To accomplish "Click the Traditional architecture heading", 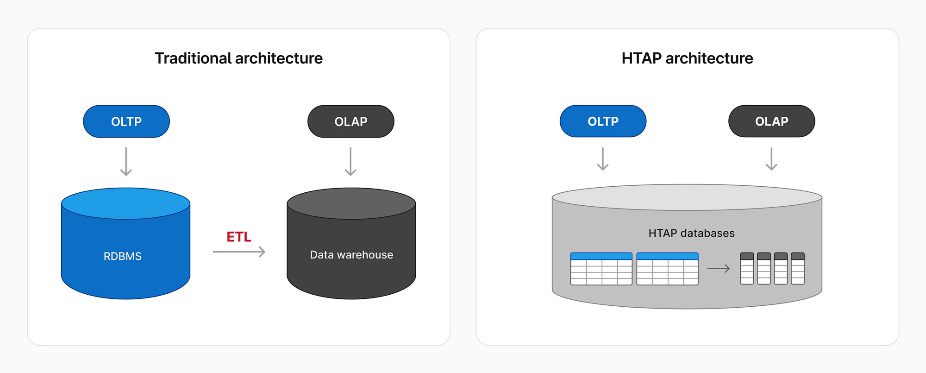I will click(238, 58).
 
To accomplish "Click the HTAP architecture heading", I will click(687, 58).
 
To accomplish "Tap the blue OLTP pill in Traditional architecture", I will click(126, 121).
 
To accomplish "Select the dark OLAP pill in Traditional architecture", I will click(351, 121).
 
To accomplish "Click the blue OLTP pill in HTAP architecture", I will click(603, 121).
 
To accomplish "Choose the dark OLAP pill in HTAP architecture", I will click(771, 121).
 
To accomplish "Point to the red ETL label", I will click(238, 237).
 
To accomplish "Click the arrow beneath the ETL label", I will click(239, 252).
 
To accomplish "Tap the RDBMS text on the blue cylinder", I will click(123, 256).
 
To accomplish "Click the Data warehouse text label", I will click(351, 255).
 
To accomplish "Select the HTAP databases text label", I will click(691, 233).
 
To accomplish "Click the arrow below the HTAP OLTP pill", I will click(603, 159).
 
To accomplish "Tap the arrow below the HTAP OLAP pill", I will click(771, 159).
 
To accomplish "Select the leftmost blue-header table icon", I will click(601, 269).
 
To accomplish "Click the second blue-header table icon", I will click(667, 269).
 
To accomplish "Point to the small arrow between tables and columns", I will click(719, 268).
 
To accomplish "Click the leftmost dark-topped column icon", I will click(747, 268).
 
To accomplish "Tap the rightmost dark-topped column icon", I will click(797, 268).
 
